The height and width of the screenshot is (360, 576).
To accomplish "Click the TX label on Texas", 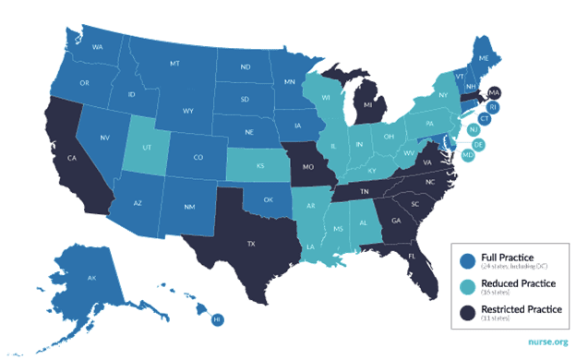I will click(249, 245).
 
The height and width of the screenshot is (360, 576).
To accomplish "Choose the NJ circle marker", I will click(473, 131).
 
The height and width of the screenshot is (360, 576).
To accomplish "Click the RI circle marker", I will click(493, 108).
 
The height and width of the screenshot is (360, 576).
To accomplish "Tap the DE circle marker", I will click(477, 145).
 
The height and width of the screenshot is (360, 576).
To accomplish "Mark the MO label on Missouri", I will click(307, 170).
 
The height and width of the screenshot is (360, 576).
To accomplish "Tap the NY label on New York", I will click(442, 95).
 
